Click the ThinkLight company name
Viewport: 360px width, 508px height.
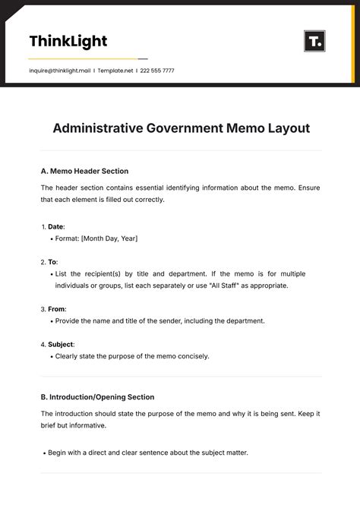point(68,41)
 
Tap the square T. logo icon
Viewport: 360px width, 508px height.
point(314,41)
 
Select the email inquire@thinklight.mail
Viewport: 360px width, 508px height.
point(59,71)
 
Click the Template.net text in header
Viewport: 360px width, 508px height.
point(116,71)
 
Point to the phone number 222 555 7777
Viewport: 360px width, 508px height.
point(158,71)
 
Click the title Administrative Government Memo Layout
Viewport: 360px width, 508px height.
point(181,128)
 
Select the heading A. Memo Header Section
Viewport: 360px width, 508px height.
point(84,171)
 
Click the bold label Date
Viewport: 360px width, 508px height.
point(55,226)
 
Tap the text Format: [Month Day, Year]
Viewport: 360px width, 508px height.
point(96,238)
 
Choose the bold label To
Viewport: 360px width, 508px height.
point(52,261)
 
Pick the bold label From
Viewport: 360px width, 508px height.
point(57,309)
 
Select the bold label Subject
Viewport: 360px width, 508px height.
point(61,344)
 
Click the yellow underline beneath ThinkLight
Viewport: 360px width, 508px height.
point(83,58)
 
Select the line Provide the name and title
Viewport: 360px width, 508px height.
point(159,320)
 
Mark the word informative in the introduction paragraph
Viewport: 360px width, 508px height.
point(88,426)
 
